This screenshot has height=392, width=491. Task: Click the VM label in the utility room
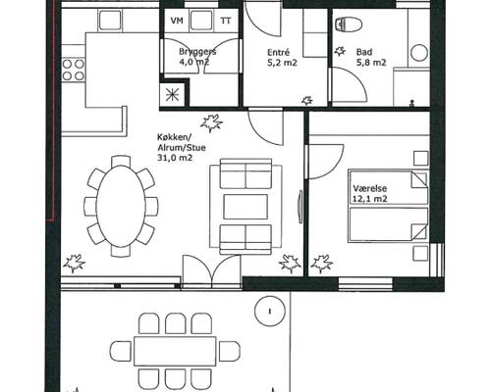(x=177, y=21)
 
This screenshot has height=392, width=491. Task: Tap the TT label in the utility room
(x=226, y=21)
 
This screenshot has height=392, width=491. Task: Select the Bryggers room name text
(x=197, y=52)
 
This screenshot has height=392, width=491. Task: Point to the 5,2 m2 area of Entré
(x=282, y=63)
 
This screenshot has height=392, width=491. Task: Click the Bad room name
(x=364, y=52)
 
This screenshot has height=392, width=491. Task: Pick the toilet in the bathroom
(x=350, y=24)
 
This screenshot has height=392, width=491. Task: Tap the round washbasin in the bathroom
(x=419, y=53)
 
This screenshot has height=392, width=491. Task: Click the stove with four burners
(x=74, y=70)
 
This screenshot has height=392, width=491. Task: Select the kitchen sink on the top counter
(x=110, y=21)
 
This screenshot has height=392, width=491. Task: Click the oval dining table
(x=121, y=206)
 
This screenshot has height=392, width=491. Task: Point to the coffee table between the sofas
(x=245, y=207)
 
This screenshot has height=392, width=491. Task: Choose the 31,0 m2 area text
(x=175, y=158)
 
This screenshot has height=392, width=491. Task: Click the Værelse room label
(x=370, y=188)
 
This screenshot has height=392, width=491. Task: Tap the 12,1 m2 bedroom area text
(x=370, y=198)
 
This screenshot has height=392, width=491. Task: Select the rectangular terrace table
(x=175, y=352)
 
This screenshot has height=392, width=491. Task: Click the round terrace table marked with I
(x=270, y=311)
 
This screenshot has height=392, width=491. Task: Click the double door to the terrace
(x=212, y=271)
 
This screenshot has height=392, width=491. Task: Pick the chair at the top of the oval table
(x=121, y=161)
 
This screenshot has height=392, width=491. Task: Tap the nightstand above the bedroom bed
(x=421, y=158)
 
